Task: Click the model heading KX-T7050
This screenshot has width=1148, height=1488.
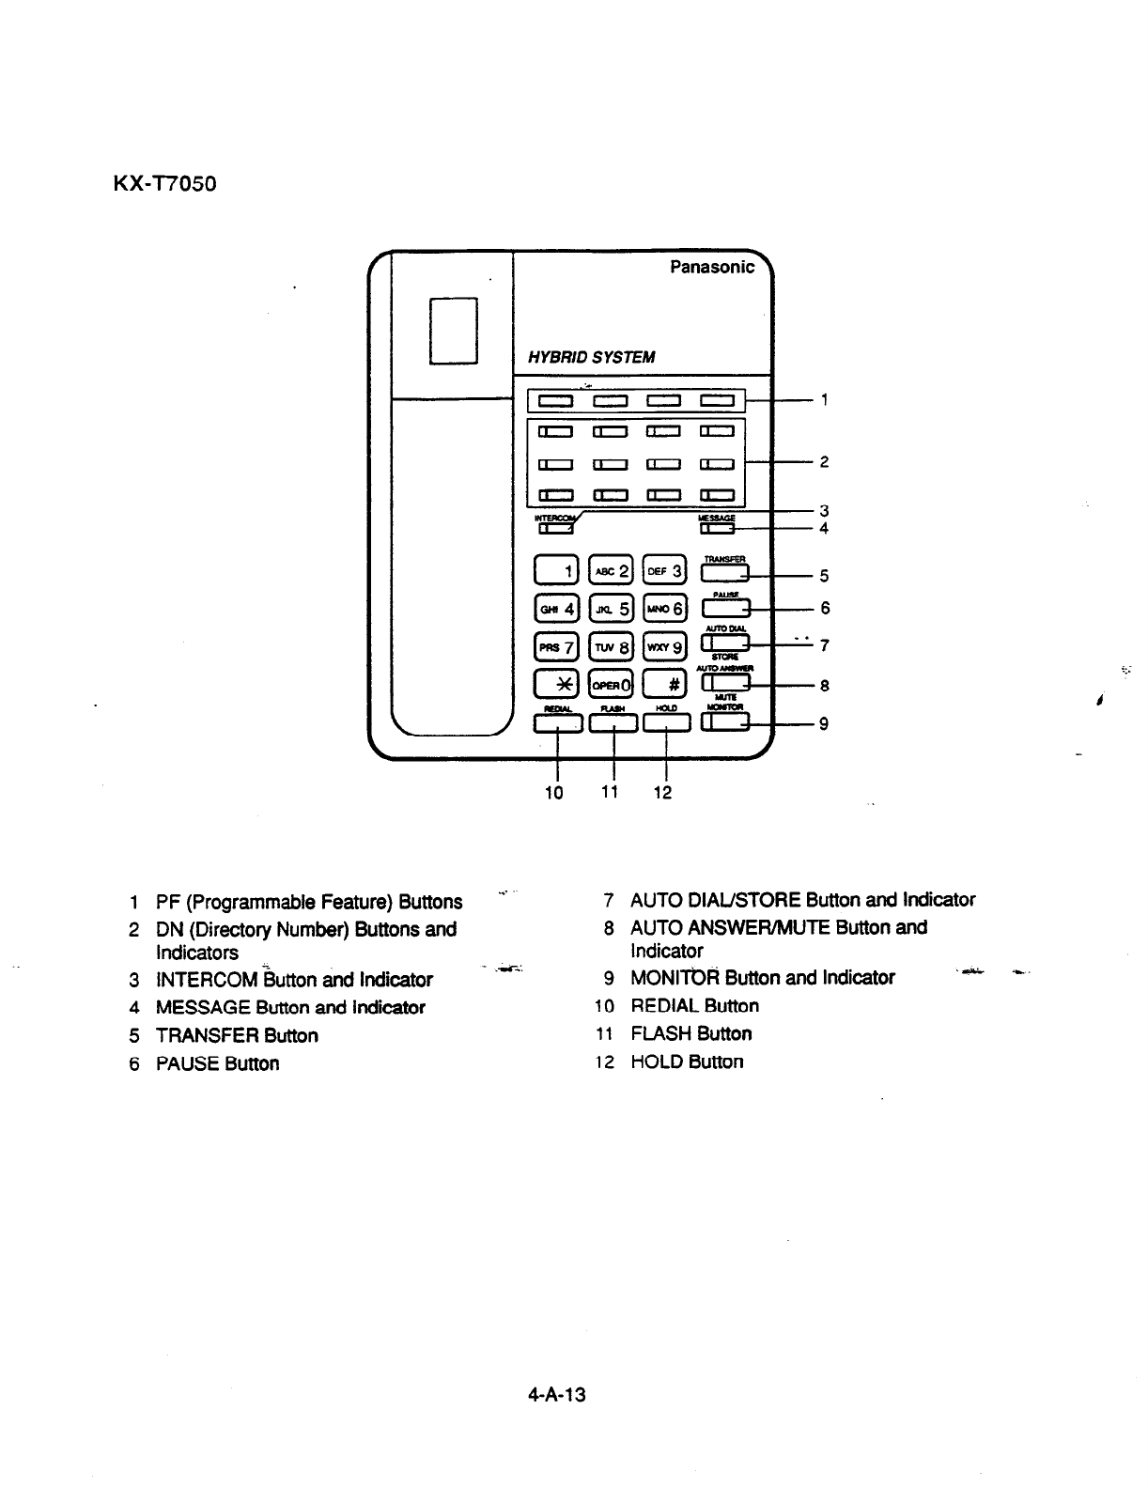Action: click(164, 183)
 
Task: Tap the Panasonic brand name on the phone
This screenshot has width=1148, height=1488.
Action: click(711, 268)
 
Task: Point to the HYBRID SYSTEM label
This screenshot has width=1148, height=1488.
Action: click(591, 357)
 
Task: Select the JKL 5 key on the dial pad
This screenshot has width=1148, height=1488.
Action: click(612, 609)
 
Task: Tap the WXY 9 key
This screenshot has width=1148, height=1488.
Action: click(666, 647)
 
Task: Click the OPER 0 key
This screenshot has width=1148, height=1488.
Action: click(612, 684)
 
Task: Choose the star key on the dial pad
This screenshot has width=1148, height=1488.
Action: click(557, 684)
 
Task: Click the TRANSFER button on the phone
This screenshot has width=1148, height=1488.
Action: click(724, 573)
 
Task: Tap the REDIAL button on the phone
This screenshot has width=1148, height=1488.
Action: click(558, 722)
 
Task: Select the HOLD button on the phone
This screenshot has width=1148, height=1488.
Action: click(666, 722)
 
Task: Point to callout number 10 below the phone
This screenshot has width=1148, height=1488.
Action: click(554, 793)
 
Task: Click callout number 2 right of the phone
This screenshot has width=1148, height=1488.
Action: click(824, 462)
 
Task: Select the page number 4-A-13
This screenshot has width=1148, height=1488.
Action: click(556, 1395)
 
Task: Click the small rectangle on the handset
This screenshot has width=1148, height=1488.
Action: click(454, 330)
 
